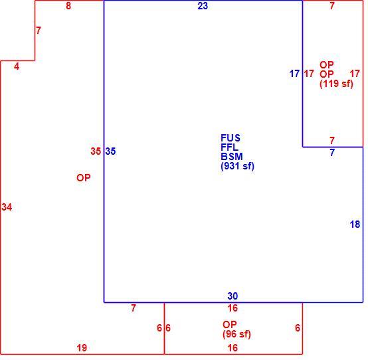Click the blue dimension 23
pos(203,6)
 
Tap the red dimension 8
pos(68,6)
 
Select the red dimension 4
pos(17,66)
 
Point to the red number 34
pos(7,207)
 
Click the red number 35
pos(96,151)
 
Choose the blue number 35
pos(110,151)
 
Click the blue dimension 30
pos(232,296)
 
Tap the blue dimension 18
pos(355,225)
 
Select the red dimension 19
pos(82,348)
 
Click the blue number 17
pos(294,74)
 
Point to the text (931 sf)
pos(238,166)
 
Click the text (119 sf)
pos(336,84)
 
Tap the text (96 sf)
pos(236,334)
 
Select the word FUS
pos(230,138)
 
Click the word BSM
pos(232,157)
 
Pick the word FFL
pos(230,147)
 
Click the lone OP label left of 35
pos(84,178)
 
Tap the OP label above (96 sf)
pos(230,325)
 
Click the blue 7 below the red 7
pos(332,153)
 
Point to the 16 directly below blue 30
pos(232,308)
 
